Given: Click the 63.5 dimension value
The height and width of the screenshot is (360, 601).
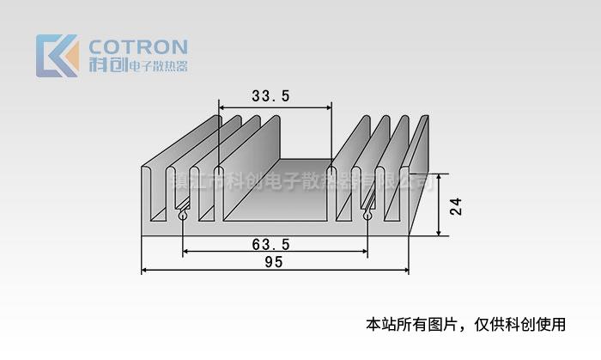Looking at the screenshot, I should tap(270, 244).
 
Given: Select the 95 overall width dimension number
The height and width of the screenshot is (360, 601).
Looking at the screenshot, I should tap(274, 263).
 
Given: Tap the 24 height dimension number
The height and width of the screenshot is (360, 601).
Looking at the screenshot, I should tap(455, 206).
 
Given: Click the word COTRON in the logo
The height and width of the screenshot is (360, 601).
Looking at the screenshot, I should tap(138, 46).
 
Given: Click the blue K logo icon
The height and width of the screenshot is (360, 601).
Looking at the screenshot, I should tap(57, 55).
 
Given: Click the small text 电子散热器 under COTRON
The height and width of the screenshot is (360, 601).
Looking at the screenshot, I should tap(157, 67).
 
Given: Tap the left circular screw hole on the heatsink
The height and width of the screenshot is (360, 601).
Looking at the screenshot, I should tap(183, 217).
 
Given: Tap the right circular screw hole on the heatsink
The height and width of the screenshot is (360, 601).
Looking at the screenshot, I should tap(367, 217).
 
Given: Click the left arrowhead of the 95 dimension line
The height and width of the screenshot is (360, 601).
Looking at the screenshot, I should tap(145, 271).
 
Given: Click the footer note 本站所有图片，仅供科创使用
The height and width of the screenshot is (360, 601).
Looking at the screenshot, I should tap(465, 325).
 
